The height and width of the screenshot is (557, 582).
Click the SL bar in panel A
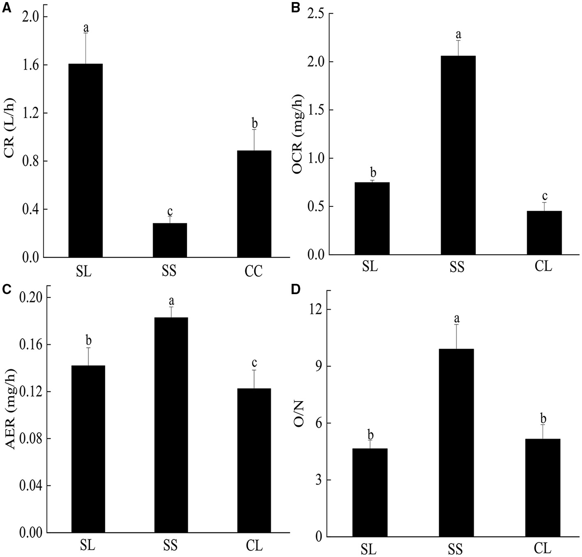point(85,160)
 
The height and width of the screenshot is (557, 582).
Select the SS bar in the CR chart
point(170,240)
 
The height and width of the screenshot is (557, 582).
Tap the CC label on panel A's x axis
point(253,272)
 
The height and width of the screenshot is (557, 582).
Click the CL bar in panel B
point(544,233)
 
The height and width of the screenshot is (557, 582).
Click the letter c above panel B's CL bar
point(545,196)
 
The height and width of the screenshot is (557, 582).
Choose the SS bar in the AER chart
point(171,425)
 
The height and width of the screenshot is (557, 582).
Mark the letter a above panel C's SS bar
point(171,301)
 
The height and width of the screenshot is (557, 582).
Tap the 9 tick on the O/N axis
point(317,367)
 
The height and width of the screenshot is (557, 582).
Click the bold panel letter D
point(296,289)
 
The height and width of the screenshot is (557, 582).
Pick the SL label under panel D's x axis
point(368,549)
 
